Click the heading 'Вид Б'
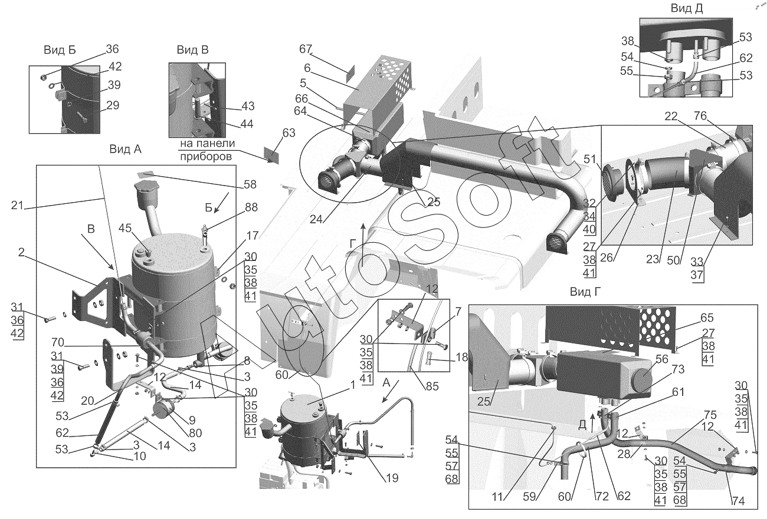point(60,50)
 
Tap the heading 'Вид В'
point(192,50)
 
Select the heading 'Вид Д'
point(687,8)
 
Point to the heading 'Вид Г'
point(585,292)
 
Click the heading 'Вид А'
point(125,149)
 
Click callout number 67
point(306,49)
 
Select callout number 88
point(251,207)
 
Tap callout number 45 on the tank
point(125,228)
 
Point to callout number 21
point(17,206)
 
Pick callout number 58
point(250,184)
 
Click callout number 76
point(700,116)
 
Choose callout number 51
point(590,159)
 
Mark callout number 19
point(392,478)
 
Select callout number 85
point(432,386)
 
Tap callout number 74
point(739,501)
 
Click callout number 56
point(661,359)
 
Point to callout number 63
point(289,133)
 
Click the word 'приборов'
point(206,157)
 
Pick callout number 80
point(195,433)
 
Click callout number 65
point(707,318)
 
